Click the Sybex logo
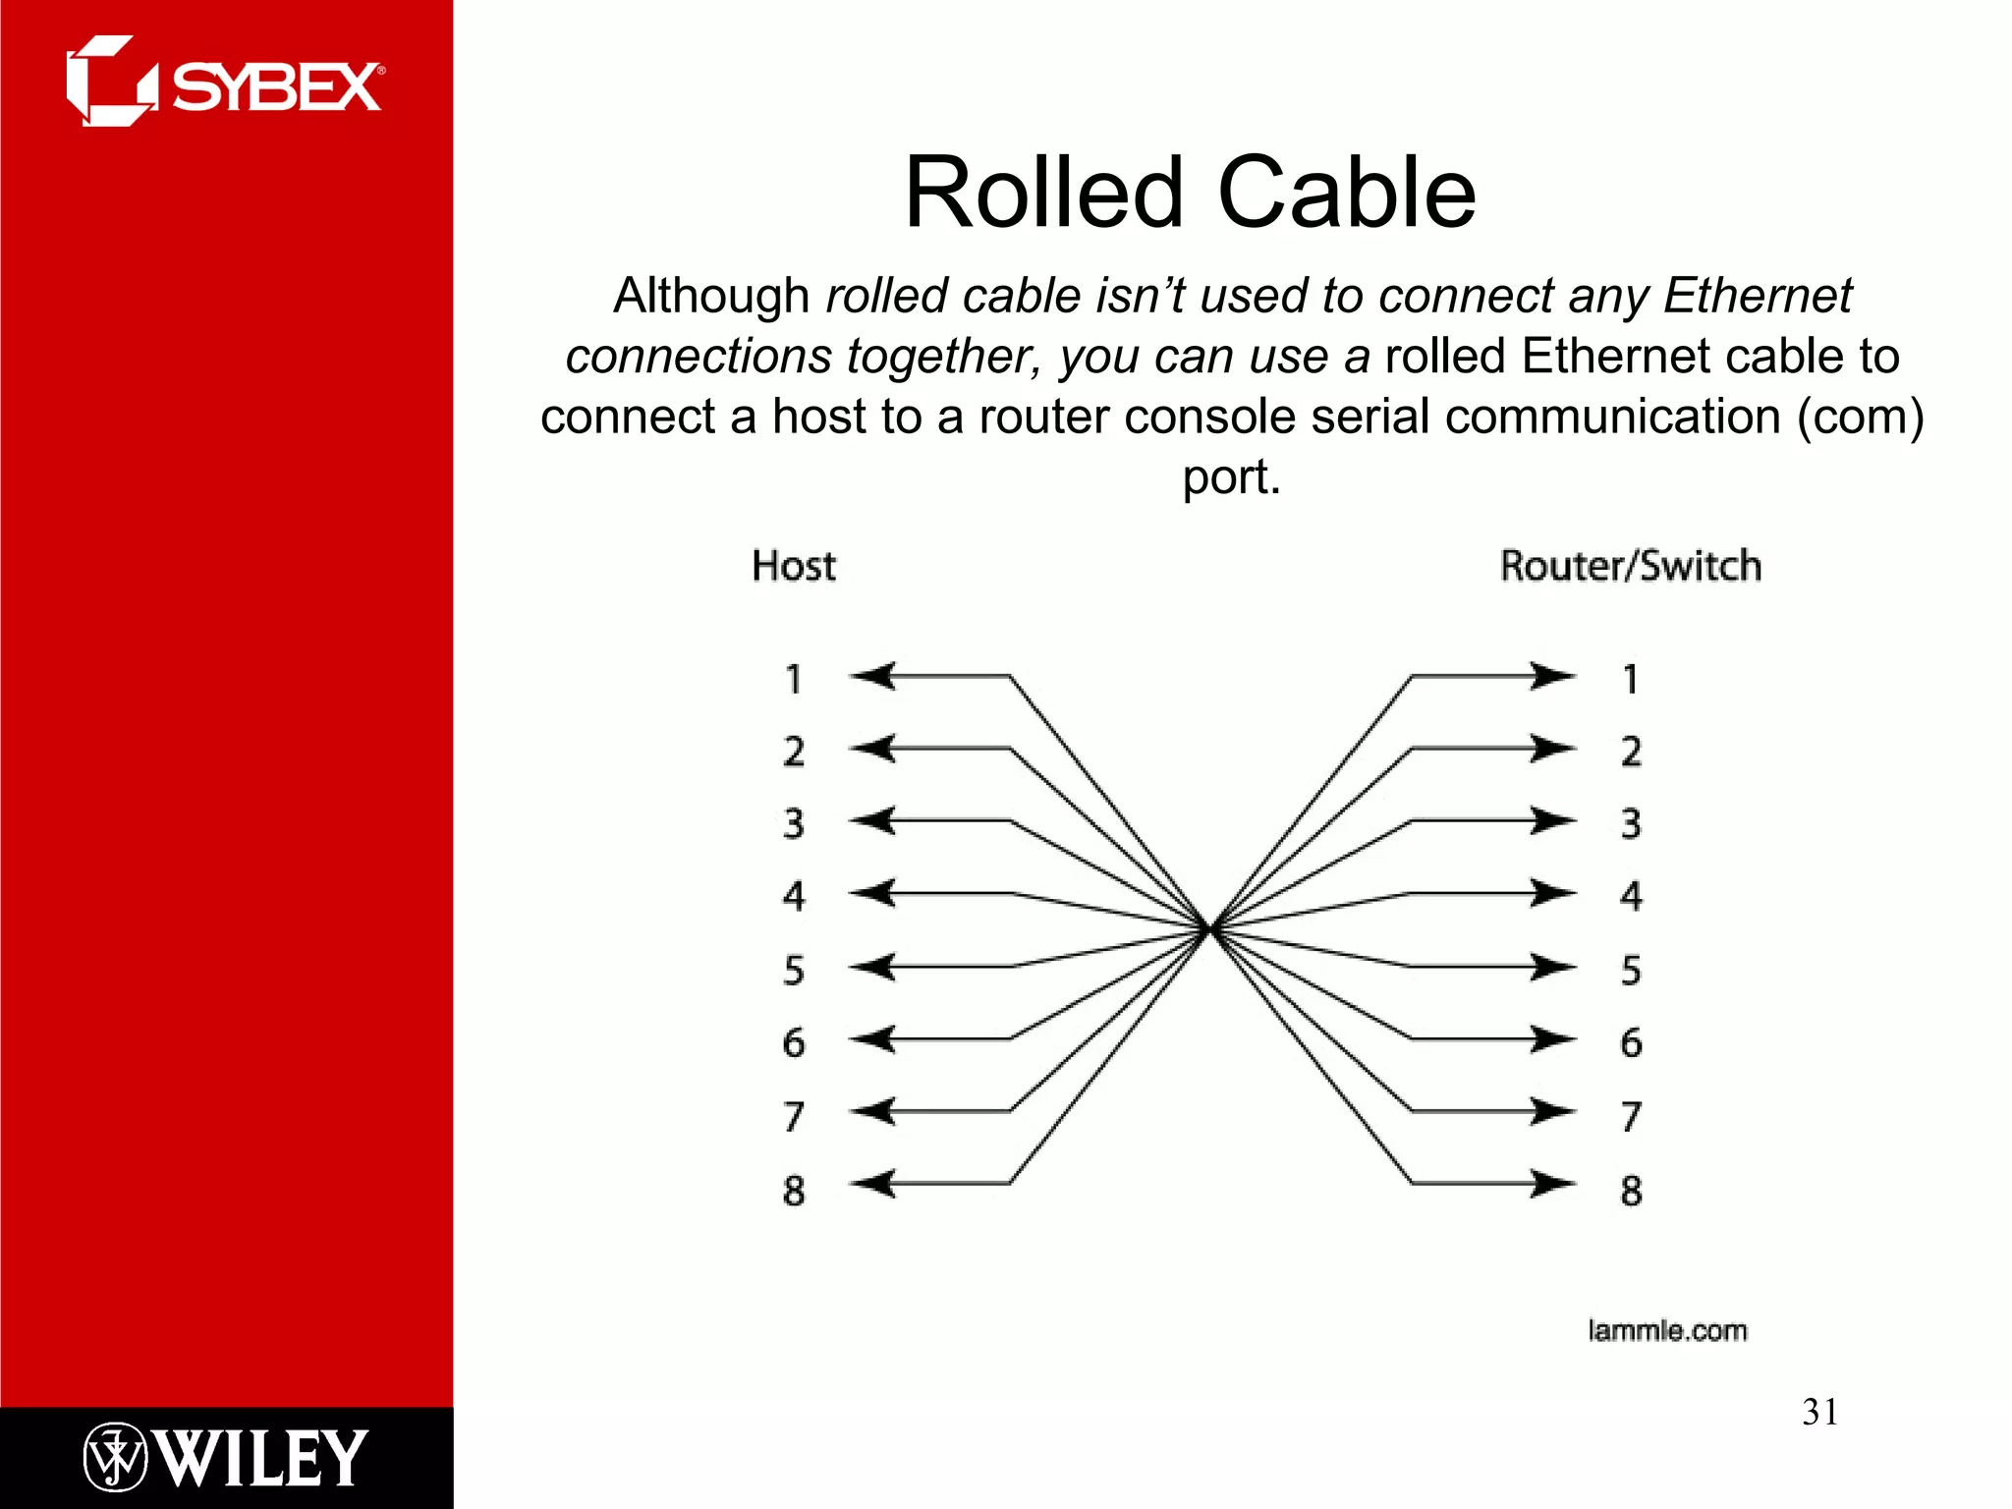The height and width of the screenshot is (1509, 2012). tap(224, 83)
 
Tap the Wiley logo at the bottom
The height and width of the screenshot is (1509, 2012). tap(225, 1457)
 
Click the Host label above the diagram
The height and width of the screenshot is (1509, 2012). tap(793, 567)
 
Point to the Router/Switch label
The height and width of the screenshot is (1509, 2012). tap(1630, 567)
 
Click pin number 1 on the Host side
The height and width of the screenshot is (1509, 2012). tap(794, 679)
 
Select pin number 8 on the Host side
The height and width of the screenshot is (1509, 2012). tap(794, 1190)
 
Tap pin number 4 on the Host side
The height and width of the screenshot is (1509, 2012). tap(794, 896)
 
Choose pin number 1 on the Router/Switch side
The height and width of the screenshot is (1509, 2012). tap(1631, 679)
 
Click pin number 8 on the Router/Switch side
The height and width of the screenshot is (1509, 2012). tap(1631, 1190)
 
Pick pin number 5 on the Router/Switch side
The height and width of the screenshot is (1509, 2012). tap(1631, 970)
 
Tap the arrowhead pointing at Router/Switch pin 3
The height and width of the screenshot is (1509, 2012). tap(1552, 820)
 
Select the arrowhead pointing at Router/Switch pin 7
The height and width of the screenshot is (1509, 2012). tap(1552, 1111)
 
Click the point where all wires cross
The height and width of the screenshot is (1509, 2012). tap(1211, 928)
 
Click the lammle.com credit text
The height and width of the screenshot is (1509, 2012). tap(1667, 1331)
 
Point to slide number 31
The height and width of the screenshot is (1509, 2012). tap(1819, 1412)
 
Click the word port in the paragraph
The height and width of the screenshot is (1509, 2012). tap(1231, 477)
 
